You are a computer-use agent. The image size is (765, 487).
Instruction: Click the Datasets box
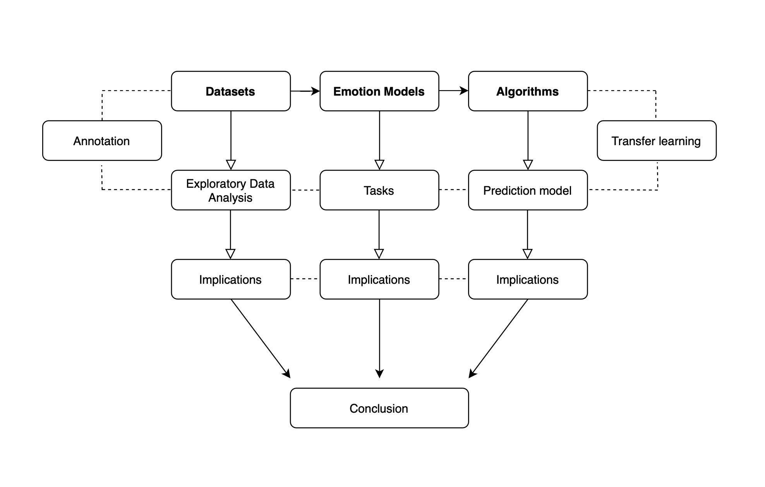(231, 91)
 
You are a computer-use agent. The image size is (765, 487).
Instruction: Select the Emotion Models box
(379, 91)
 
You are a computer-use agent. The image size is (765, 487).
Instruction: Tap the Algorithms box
(528, 91)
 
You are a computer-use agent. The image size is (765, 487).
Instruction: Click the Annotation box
(102, 141)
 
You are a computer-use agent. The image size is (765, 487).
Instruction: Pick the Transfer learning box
(657, 141)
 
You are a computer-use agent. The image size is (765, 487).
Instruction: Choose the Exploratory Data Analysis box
(231, 190)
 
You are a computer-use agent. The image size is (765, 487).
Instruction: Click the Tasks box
(379, 190)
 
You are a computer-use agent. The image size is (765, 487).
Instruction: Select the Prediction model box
(528, 190)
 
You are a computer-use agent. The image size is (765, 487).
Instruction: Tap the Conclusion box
(379, 408)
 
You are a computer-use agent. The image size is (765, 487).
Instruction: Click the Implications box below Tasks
(379, 280)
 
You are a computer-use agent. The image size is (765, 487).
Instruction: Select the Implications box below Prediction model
(528, 280)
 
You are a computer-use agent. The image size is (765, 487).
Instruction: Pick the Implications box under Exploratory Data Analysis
(231, 280)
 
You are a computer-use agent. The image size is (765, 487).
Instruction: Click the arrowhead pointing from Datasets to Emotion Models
(316, 91)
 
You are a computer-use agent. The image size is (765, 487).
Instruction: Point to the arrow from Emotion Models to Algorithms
(453, 91)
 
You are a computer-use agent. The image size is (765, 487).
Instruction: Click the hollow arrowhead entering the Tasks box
(379, 165)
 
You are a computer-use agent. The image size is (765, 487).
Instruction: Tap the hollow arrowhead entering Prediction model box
(528, 165)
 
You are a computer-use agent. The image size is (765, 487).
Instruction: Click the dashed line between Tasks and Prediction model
(453, 190)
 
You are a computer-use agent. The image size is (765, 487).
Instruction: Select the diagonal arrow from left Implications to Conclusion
(260, 338)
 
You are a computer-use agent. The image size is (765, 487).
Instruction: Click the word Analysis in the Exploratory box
(230, 198)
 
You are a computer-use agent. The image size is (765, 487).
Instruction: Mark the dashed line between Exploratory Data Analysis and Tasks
(305, 190)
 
